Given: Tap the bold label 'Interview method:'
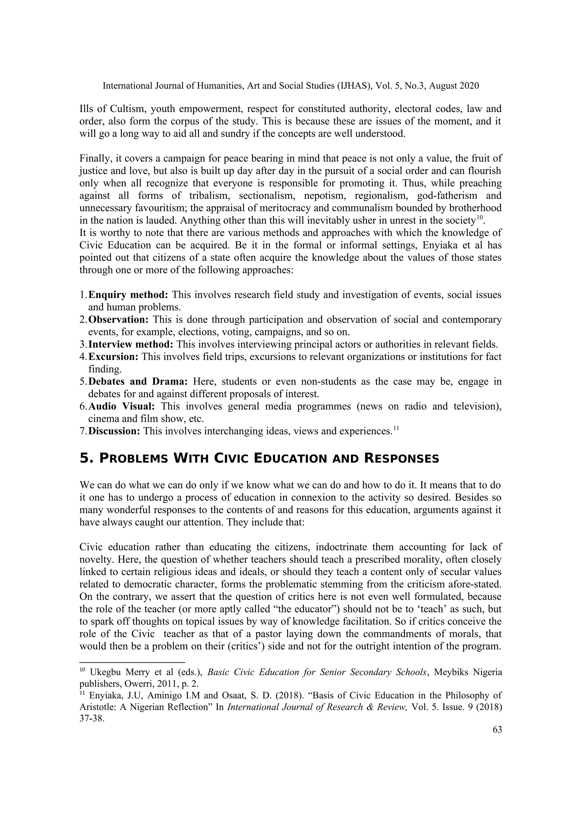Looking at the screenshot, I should [x=131, y=345].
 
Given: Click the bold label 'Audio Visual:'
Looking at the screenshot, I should [x=122, y=407].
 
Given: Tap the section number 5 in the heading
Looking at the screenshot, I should [x=84, y=459].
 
